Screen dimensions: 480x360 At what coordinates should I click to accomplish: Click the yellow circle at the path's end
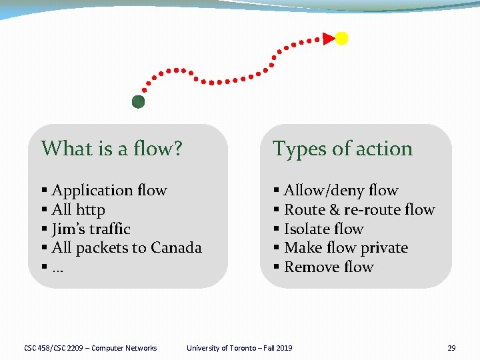coord(341,38)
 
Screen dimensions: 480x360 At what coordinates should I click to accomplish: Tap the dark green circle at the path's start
coord(138,102)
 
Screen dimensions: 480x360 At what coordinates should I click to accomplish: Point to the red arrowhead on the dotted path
coord(329,38)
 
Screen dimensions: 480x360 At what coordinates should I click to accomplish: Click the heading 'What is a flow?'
coord(111,149)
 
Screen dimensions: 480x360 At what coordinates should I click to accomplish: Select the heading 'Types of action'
coord(343,149)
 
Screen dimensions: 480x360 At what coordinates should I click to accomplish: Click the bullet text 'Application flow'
coord(109,191)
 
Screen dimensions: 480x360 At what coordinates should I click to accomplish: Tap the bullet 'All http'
coord(78,210)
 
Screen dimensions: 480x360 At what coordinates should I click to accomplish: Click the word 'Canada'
coord(176,248)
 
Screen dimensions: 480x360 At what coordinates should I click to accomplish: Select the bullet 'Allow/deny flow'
coord(341,191)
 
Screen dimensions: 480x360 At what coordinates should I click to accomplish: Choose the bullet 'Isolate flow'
coord(323,229)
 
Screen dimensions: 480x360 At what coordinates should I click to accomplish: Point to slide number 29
coord(451,348)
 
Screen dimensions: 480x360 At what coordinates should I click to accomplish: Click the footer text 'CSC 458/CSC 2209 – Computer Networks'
coord(90,348)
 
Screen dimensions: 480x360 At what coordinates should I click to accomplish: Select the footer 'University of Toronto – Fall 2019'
coord(239,348)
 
